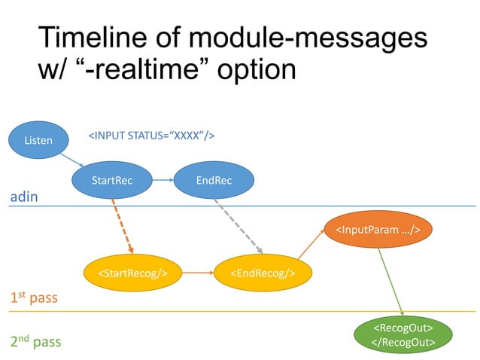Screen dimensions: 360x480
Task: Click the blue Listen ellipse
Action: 38,140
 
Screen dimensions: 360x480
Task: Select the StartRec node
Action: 112,180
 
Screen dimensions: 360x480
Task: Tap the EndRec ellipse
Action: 214,180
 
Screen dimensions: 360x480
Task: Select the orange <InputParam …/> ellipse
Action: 378,228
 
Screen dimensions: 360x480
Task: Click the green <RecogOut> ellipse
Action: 403,334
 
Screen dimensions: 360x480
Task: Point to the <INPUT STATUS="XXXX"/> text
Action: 152,136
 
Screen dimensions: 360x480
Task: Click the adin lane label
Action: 23,197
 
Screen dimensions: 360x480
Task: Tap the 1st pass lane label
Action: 33,298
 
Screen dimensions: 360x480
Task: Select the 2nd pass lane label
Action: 35,341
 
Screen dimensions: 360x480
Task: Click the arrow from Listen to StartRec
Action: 72,161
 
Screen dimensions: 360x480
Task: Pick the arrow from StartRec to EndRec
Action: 163,180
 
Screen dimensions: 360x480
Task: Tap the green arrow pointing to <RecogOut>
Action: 391,279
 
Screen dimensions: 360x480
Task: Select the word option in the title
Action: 256,69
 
